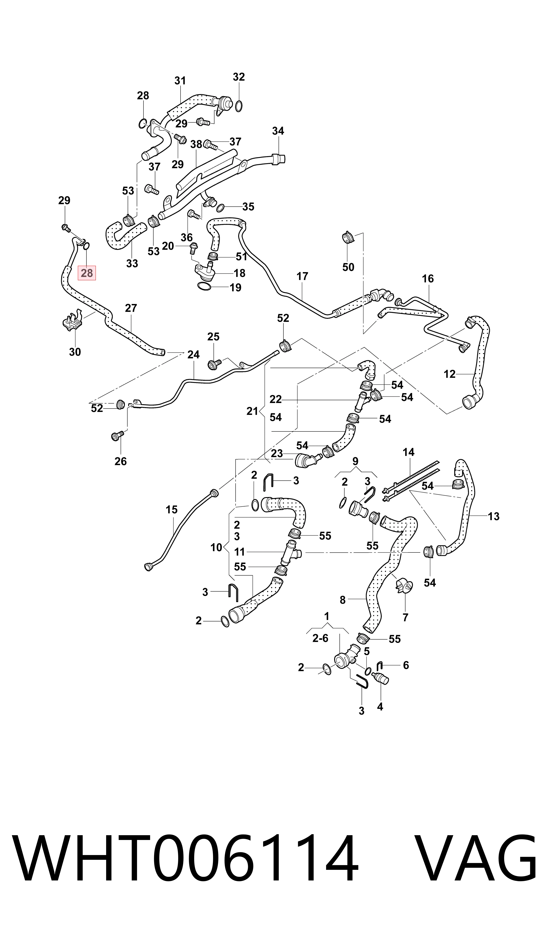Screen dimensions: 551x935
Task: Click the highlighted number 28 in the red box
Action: coord(87,273)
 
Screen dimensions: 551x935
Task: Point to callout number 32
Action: coord(239,77)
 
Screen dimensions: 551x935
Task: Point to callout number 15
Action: coord(172,510)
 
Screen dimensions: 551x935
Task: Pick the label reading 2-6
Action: coord(320,638)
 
